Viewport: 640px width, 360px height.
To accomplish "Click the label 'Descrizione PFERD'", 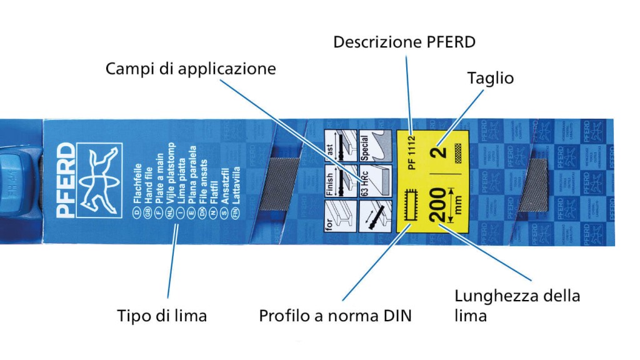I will tap(404, 42).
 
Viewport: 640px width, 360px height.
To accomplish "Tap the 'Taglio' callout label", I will tap(491, 78).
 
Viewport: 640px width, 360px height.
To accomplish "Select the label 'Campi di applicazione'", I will tap(191, 68).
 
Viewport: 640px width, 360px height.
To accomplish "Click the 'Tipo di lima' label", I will tap(162, 316).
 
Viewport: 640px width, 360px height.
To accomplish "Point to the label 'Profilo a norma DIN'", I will tap(336, 316).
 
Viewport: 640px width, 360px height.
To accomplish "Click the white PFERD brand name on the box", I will tap(65, 179).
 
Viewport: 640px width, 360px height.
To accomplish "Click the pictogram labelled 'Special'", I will tap(374, 147).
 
